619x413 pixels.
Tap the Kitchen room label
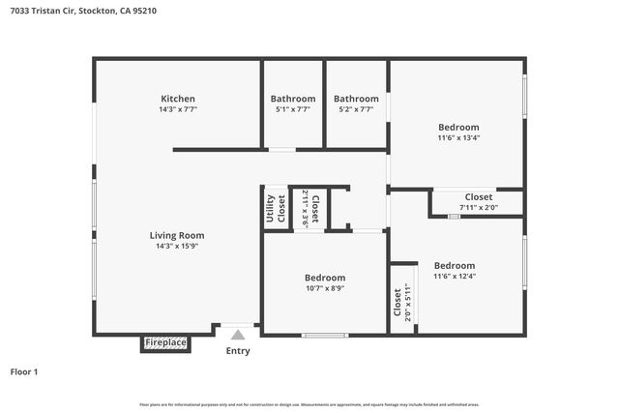[178, 99]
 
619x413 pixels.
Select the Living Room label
[177, 235]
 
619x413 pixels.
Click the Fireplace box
[165, 343]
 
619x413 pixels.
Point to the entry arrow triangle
[238, 334]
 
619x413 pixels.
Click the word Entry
[238, 351]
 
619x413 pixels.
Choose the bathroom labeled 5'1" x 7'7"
[292, 109]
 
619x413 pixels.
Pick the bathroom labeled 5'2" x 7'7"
[356, 109]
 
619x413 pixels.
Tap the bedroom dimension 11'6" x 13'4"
[458, 137]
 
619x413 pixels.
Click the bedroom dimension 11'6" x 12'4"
[454, 277]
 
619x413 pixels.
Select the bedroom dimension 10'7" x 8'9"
[325, 288]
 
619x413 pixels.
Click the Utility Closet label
[276, 209]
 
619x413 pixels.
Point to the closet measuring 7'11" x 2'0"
[479, 207]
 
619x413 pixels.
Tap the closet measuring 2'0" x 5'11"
[402, 304]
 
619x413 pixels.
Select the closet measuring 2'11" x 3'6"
[309, 208]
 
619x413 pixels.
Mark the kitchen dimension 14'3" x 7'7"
[178, 110]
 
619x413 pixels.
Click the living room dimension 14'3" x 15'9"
[177, 247]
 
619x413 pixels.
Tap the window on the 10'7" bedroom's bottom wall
[325, 336]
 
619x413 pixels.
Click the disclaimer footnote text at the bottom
[309, 404]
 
